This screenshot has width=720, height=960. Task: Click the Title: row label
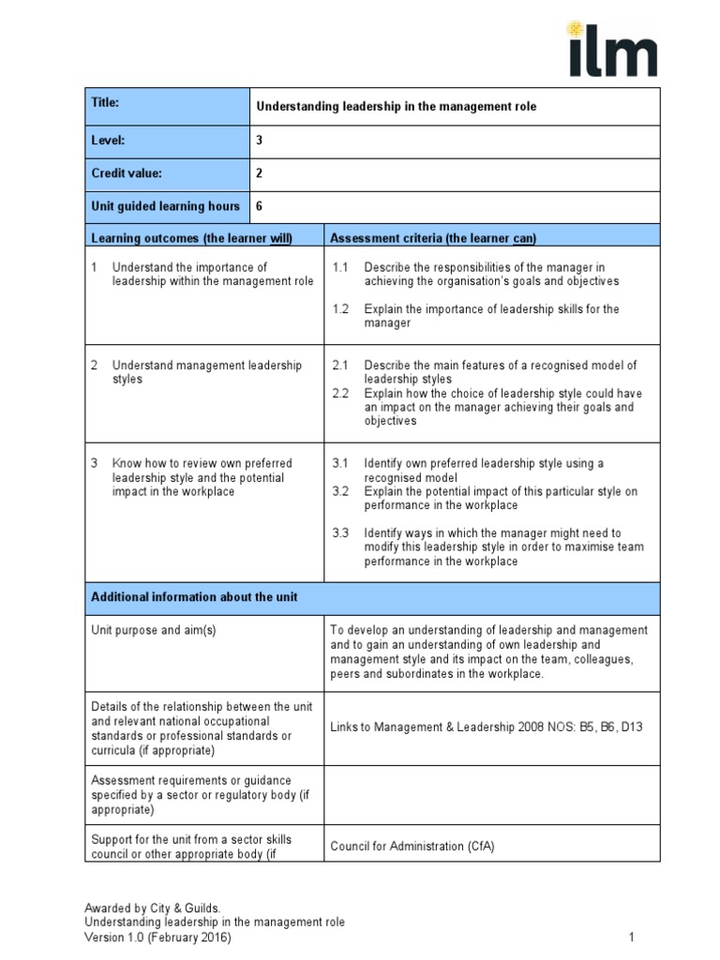[105, 103]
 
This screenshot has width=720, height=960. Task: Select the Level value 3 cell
[261, 141]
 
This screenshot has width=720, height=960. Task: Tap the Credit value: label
[127, 173]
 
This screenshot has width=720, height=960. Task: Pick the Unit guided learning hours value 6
[261, 206]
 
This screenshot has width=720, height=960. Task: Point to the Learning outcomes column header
[192, 238]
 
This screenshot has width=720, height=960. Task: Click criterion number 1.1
[340, 267]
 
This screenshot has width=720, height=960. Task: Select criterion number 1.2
[340, 308]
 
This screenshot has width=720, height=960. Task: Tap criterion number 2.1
[340, 365]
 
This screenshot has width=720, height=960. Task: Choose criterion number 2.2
[340, 393]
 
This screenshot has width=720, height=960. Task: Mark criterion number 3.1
[340, 463]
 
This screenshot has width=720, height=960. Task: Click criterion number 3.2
[340, 491]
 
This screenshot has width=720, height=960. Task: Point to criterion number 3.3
[340, 532]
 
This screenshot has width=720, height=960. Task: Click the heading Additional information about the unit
[194, 596]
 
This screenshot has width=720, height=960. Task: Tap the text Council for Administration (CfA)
[412, 846]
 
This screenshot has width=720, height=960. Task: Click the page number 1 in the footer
[632, 937]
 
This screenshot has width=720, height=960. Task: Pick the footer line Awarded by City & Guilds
[153, 907]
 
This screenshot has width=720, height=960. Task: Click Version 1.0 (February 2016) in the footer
[157, 937]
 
